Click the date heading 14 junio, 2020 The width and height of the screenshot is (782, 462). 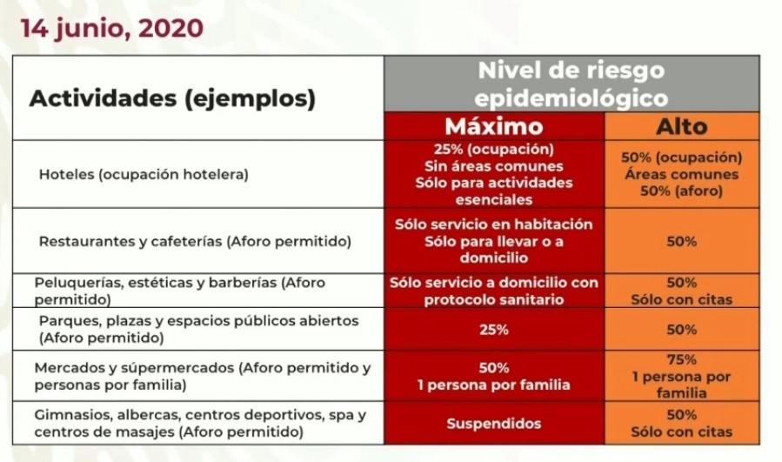(x=112, y=28)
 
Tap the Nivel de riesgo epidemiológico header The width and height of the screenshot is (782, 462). (x=571, y=84)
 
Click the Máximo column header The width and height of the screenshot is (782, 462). (x=494, y=126)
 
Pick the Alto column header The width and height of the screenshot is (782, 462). (x=682, y=127)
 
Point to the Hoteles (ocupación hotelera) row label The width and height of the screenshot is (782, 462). (x=144, y=175)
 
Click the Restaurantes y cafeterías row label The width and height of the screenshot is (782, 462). (x=195, y=242)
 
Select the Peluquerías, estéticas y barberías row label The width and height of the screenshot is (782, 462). (x=179, y=291)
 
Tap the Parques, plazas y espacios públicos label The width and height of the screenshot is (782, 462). (x=198, y=329)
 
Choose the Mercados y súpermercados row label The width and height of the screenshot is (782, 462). (x=203, y=376)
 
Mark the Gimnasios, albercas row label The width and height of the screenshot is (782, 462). (x=200, y=423)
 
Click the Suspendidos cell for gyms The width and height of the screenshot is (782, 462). (x=494, y=424)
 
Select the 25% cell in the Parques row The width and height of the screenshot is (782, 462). (x=494, y=329)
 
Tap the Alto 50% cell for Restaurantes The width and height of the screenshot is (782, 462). (x=682, y=242)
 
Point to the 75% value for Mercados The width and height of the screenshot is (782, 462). (x=682, y=359)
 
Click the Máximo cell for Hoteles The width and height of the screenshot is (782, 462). (x=494, y=174)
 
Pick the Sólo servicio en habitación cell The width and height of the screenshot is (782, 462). (x=494, y=241)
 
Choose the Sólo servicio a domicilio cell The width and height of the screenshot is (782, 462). (x=494, y=291)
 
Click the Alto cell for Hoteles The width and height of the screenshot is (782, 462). (x=682, y=174)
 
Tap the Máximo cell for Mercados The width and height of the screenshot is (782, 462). (x=494, y=376)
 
